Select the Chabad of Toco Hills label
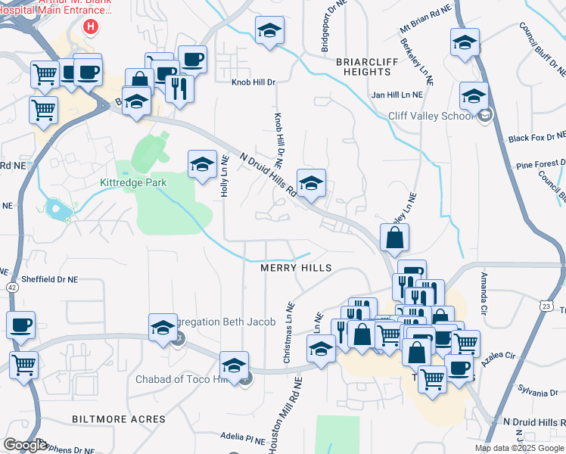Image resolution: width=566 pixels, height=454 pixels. (182, 379)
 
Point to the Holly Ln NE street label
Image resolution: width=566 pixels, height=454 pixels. (225, 176)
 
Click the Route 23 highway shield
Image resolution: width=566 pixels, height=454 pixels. (546, 305)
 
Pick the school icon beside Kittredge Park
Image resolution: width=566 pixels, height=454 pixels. (202, 164)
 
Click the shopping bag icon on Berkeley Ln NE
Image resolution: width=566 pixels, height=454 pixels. (394, 238)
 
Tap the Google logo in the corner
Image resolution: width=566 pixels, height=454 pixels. (25, 446)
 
